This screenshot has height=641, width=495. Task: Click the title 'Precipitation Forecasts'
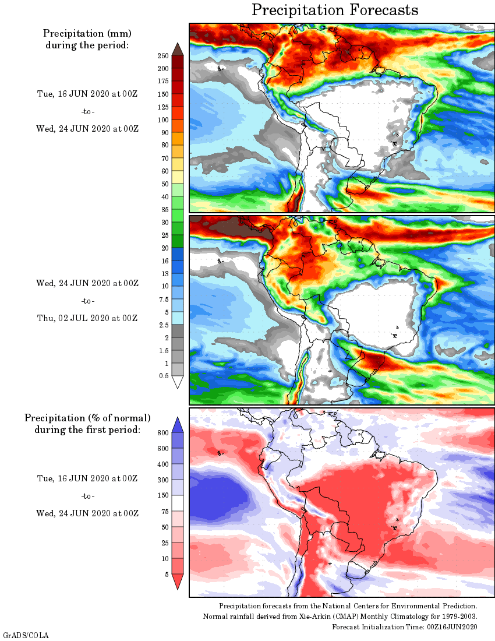click(335, 10)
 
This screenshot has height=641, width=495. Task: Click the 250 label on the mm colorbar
click(162, 55)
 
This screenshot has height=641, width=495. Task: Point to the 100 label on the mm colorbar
click(162, 119)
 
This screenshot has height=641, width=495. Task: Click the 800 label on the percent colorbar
click(162, 432)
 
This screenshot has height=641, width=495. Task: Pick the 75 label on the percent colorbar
click(164, 511)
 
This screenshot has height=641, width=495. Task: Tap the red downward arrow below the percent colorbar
click(178, 582)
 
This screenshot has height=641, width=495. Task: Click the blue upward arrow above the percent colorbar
click(178, 424)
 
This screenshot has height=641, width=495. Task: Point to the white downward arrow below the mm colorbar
click(178, 382)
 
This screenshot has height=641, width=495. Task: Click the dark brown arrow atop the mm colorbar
click(178, 48)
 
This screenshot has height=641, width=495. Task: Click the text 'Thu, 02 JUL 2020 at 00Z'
click(87, 318)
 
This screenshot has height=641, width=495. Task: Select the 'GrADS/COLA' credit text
click(26, 634)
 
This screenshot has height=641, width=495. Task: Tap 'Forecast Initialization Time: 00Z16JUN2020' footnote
click(405, 626)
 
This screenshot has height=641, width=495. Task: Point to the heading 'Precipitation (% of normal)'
click(87, 418)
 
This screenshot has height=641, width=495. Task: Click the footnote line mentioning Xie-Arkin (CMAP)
click(340, 617)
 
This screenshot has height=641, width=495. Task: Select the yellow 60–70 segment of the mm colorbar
click(178, 164)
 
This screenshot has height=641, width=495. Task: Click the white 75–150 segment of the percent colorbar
click(178, 503)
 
